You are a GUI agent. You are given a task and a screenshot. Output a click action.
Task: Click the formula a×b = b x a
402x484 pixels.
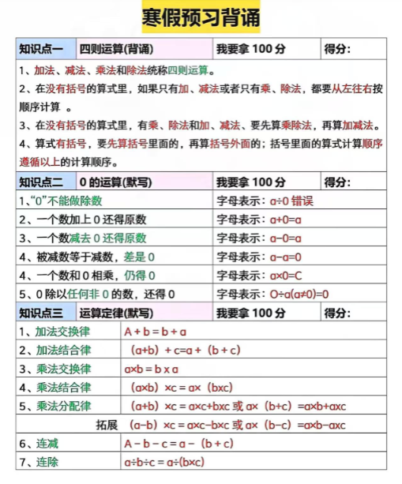pos(151,369)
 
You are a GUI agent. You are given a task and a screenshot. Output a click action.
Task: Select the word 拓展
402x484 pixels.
pos(107,425)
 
